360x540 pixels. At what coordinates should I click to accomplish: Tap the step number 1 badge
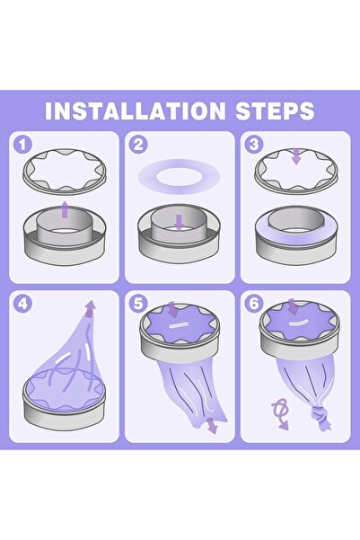(24, 145)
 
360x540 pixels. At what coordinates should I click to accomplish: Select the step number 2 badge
(137, 145)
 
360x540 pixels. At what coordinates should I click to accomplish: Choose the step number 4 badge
(24, 304)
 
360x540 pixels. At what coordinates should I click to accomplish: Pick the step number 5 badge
(137, 304)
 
